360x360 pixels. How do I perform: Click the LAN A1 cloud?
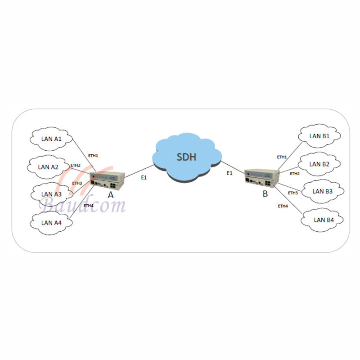click(51, 139)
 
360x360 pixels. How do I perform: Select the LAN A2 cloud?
click(49, 167)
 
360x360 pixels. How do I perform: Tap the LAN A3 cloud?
click(52, 194)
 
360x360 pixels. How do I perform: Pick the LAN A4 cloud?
click(51, 223)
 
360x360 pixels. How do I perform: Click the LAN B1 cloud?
click(319, 136)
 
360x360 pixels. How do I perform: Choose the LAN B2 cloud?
click(319, 164)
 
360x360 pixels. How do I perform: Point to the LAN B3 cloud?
click(323, 191)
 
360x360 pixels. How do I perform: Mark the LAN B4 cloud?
click(322, 220)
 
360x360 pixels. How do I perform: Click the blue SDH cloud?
click(187, 157)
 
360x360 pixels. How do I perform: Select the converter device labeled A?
click(107, 181)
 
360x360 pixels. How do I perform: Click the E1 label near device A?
click(144, 177)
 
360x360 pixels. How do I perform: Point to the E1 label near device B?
click(229, 173)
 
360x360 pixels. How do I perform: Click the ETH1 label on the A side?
click(93, 156)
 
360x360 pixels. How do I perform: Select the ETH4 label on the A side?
click(88, 206)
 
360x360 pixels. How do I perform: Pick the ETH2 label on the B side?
click(295, 174)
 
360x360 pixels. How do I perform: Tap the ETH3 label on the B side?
click(293, 193)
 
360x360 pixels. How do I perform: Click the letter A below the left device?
click(111, 195)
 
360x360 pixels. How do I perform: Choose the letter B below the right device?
click(265, 194)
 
